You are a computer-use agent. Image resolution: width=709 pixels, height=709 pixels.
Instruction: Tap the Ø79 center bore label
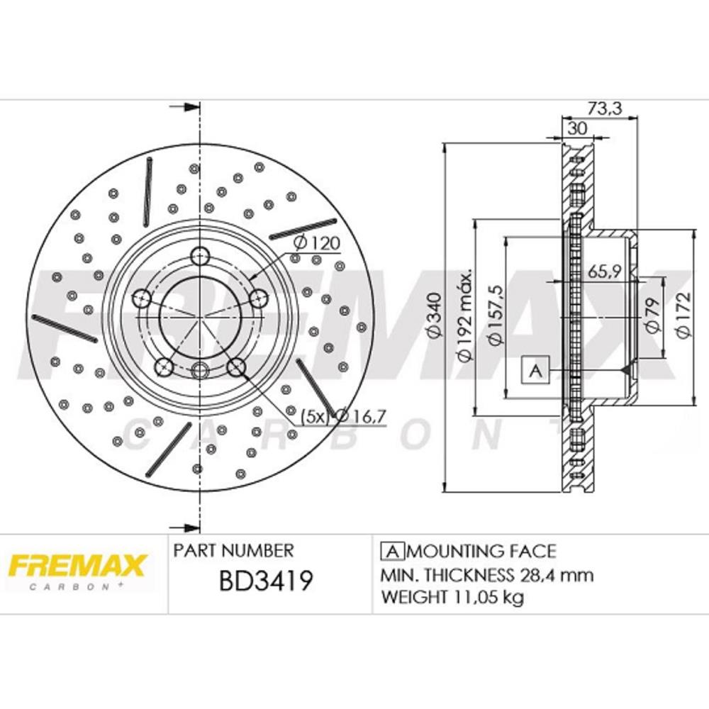(652, 314)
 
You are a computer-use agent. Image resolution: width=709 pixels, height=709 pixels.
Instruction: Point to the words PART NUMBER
(233, 550)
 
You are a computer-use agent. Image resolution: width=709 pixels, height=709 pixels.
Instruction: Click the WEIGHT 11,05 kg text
(452, 598)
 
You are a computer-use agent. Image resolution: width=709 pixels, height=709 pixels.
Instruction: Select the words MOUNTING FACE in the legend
(484, 551)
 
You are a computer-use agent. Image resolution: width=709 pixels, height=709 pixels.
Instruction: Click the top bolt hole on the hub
(200, 255)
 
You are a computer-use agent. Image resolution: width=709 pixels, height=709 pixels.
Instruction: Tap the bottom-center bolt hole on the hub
(200, 369)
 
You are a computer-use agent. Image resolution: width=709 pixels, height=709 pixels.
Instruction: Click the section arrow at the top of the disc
(185, 108)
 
